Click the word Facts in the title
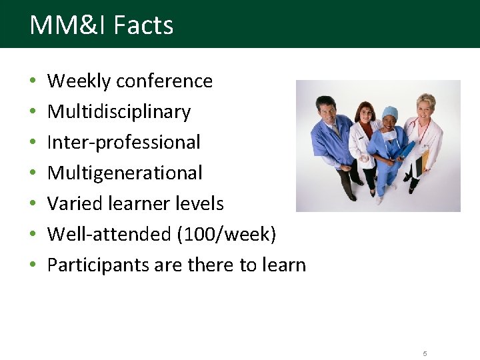pos(143,25)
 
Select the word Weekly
pos(79,81)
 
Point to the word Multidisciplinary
pos(119,112)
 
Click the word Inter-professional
pos(123,143)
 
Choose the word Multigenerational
pos(125,173)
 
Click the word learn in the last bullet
pos(283,265)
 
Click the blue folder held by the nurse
pos(405,150)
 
